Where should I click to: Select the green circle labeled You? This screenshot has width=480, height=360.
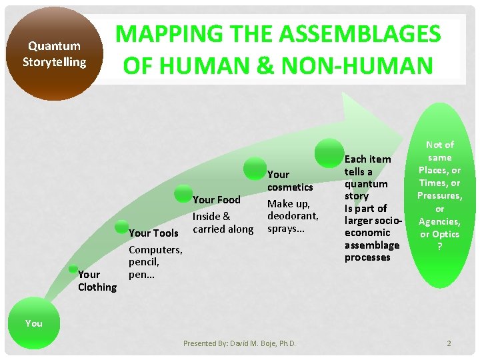coord(33,323)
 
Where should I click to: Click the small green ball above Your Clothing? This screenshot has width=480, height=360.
coord(77,269)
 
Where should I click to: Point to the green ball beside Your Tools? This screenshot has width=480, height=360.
coord(122,228)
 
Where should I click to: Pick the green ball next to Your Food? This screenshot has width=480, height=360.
coord(183,193)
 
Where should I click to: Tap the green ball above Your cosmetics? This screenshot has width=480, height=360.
coord(255,167)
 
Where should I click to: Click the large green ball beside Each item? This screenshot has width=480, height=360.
coord(329,153)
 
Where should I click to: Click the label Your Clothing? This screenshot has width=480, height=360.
coord(97,281)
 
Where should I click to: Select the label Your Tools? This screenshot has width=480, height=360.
coord(153,233)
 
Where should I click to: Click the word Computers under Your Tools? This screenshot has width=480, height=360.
coord(155,249)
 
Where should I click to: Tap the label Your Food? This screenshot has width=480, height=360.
coord(216,199)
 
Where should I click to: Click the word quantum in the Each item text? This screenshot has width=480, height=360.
coord(366,184)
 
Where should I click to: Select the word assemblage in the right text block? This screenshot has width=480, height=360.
coord(371,245)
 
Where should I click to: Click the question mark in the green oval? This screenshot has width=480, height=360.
coord(439,247)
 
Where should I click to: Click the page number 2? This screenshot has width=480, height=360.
coord(449,343)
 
